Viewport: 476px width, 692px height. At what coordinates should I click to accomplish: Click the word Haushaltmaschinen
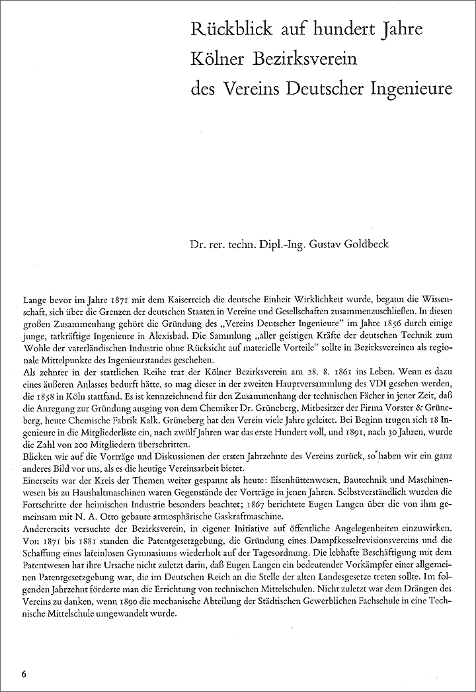pyautogui.click(x=115, y=490)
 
